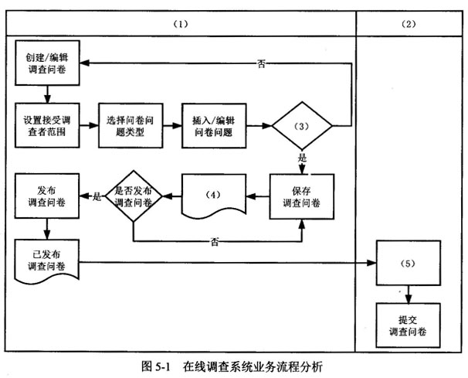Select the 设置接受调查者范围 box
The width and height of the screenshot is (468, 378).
pyautogui.click(x=48, y=125)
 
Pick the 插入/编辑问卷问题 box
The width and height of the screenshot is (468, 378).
pyautogui.click(x=214, y=125)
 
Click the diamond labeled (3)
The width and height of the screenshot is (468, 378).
pyautogui.click(x=301, y=125)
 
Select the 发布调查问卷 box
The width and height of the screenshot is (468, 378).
pyautogui.click(x=47, y=196)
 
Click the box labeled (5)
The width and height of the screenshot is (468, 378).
pyautogui.click(x=409, y=264)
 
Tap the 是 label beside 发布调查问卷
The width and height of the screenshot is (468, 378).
pyautogui.click(x=97, y=196)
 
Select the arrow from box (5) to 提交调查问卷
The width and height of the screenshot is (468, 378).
pyautogui.click(x=409, y=293)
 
